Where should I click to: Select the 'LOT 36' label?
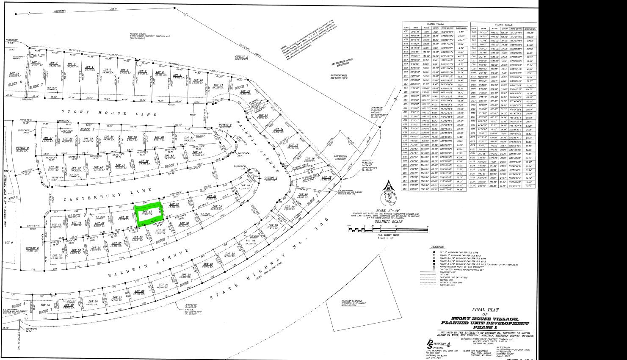pyautogui.click(x=160, y=137)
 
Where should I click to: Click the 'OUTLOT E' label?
pyautogui.click(x=32, y=248)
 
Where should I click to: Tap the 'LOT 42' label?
pyautogui.click(x=144, y=161)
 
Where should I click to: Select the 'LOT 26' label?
pyautogui.click(x=140, y=291)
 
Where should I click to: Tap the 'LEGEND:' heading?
pyautogui.click(x=437, y=246)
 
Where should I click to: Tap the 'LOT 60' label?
pyautogui.click(x=246, y=186)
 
